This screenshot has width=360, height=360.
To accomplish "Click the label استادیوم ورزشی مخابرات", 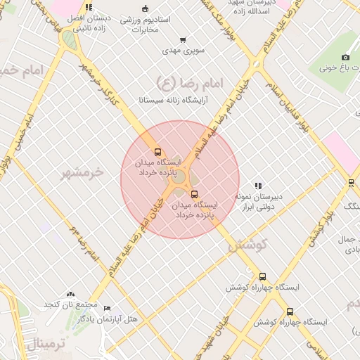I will click(x=145, y=25).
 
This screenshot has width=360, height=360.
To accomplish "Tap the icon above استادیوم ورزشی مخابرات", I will click(x=145, y=8).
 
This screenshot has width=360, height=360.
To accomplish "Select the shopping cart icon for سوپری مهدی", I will click(x=183, y=40).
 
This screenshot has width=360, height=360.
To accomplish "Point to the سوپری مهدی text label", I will click(x=182, y=51).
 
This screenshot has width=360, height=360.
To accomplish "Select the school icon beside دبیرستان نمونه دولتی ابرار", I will click(x=258, y=186).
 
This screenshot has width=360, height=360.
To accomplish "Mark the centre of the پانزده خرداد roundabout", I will click(x=179, y=179).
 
